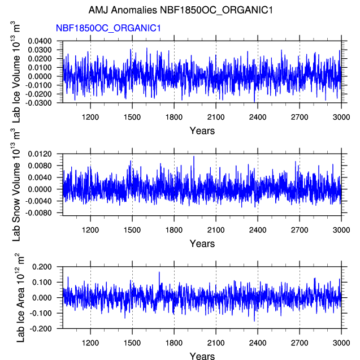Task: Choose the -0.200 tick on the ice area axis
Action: pos(43,328)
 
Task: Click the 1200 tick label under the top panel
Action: pos(90,117)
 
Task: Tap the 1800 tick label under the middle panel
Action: pos(174,229)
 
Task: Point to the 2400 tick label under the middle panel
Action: pos(258,229)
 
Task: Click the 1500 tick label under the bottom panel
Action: pos(132,342)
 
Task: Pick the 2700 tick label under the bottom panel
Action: pos(300,342)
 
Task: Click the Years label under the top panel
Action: pos(202,131)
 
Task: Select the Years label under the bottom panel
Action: pos(202,356)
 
